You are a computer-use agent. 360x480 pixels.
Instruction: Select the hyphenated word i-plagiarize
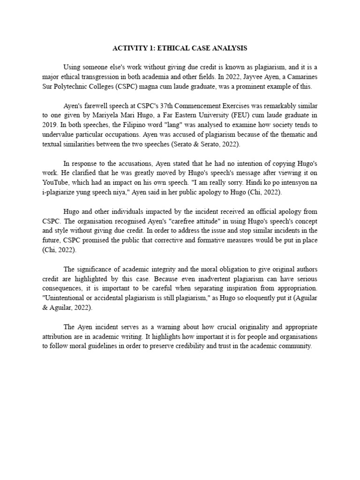pos(60,193)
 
